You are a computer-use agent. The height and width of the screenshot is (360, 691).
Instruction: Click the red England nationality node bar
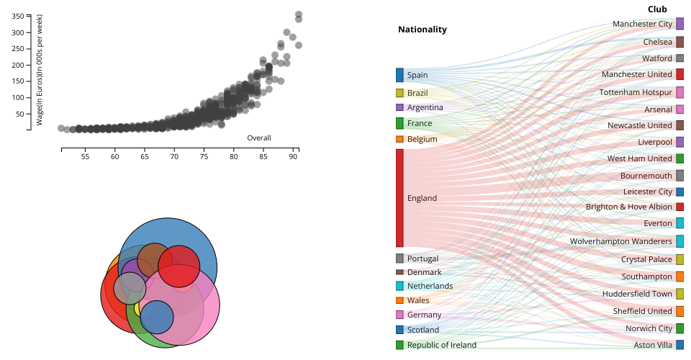[399, 198]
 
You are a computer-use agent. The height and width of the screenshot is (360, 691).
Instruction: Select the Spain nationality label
[417, 75]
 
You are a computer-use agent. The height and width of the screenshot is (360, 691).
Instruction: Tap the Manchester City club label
[642, 24]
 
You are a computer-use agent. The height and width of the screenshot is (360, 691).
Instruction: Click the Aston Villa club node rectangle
[679, 345]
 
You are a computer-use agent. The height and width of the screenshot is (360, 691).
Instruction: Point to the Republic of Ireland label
[441, 345]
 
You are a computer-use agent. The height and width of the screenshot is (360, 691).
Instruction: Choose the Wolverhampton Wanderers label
[620, 241]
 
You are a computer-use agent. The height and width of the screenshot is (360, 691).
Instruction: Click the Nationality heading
[422, 30]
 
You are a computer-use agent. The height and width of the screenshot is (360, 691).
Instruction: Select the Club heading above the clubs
[656, 9]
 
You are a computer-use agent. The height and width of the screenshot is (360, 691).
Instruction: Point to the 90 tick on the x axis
[294, 156]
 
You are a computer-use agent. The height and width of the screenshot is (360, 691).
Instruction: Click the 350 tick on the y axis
[18, 15]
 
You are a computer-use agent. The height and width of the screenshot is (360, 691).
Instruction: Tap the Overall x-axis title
[258, 138]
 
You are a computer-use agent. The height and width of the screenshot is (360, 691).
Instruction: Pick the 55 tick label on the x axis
[85, 156]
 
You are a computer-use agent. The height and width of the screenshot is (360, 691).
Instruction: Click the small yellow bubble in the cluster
[137, 310]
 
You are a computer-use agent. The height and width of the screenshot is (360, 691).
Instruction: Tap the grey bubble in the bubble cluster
[130, 288]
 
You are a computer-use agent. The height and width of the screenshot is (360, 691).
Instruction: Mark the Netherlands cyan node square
[399, 286]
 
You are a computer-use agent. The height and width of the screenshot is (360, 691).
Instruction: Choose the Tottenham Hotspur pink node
[679, 92]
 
